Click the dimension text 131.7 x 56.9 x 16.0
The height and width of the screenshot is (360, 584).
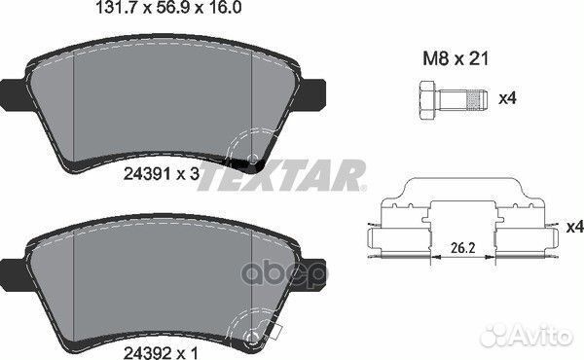(168, 8)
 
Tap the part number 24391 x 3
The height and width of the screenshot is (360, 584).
(162, 174)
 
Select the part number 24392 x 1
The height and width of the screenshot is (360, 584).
(162, 352)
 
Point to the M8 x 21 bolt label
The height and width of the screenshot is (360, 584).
(456, 58)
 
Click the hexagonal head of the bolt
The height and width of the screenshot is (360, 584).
(427, 100)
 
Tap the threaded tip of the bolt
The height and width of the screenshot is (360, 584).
(477, 100)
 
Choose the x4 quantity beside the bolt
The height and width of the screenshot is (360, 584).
(508, 98)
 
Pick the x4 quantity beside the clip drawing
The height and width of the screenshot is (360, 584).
(575, 227)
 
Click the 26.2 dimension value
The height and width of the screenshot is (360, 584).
(463, 248)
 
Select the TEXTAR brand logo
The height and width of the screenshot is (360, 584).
(282, 175)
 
